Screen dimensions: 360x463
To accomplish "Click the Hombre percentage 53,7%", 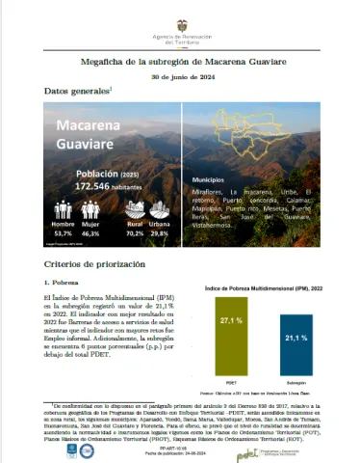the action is [64, 232].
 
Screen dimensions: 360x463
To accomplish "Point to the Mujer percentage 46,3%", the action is [90, 232].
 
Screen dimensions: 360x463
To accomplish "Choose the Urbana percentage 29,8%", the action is [159, 232].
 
